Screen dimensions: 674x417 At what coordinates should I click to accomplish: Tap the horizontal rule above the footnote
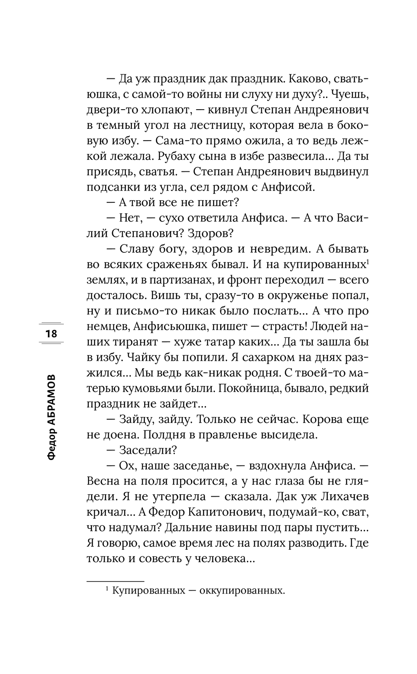click(x=115, y=581)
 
